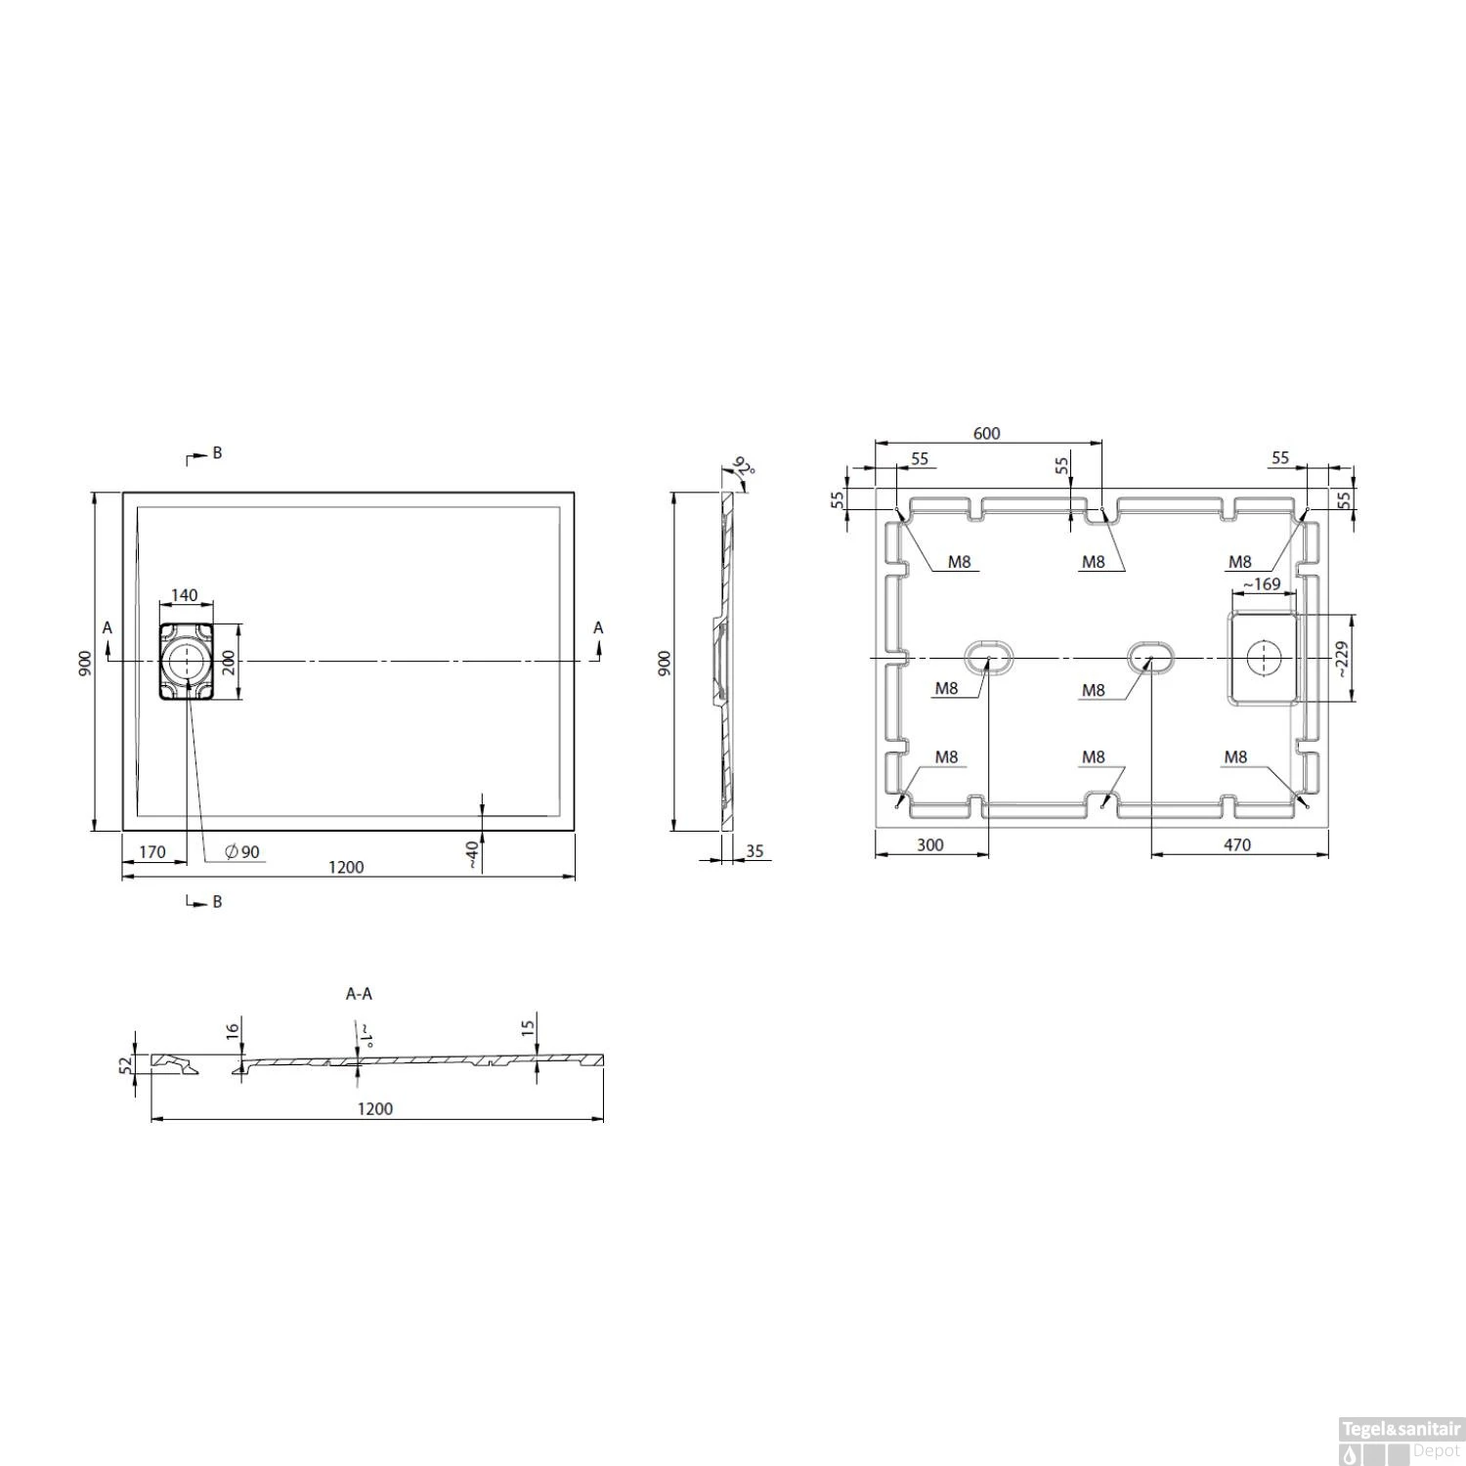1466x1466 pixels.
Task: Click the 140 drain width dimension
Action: [185, 595]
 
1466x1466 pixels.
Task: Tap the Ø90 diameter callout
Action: [242, 852]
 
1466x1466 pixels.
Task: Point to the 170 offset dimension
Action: [152, 852]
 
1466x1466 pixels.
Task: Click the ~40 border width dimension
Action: [471, 854]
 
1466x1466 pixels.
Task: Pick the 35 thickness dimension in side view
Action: [755, 851]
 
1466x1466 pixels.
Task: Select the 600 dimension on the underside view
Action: [987, 433]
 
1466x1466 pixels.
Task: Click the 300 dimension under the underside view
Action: [930, 844]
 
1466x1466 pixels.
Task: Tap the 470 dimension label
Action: [1236, 844]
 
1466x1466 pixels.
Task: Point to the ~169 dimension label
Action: [1261, 584]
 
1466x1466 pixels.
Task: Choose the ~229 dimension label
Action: [1340, 659]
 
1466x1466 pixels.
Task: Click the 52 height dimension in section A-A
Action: [124, 1064]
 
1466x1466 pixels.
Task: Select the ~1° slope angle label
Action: [365, 1036]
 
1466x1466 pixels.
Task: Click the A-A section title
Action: [359, 994]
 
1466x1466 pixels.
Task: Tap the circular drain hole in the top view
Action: [184, 662]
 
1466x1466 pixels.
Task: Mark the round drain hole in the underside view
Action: [1263, 658]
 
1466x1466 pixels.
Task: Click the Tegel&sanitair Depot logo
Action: [1401, 1440]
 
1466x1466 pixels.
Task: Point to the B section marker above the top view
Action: [216, 453]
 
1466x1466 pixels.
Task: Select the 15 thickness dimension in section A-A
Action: [528, 1027]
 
